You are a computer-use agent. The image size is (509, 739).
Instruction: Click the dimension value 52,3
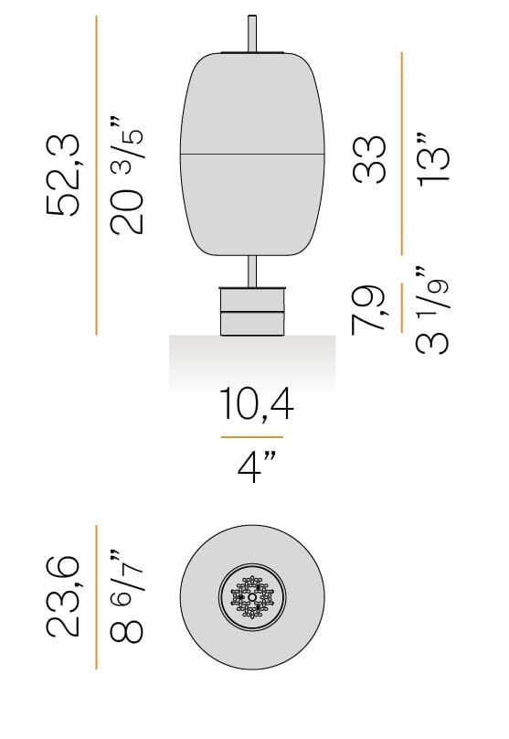click(65, 174)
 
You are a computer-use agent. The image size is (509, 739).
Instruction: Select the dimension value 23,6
click(65, 596)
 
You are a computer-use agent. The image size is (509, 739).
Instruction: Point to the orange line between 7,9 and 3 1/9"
click(402, 310)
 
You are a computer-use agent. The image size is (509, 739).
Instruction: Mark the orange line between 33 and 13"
click(402, 153)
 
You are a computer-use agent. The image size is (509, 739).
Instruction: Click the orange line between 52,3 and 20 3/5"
click(97, 174)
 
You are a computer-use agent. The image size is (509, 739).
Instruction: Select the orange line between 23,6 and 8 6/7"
click(97, 596)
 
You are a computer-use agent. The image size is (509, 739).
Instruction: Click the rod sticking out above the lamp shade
click(252, 32)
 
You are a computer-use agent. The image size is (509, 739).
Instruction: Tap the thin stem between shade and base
click(252, 271)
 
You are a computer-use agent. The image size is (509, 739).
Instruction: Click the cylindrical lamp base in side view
click(252, 311)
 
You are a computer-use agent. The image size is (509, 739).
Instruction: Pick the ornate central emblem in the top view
click(252, 598)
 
